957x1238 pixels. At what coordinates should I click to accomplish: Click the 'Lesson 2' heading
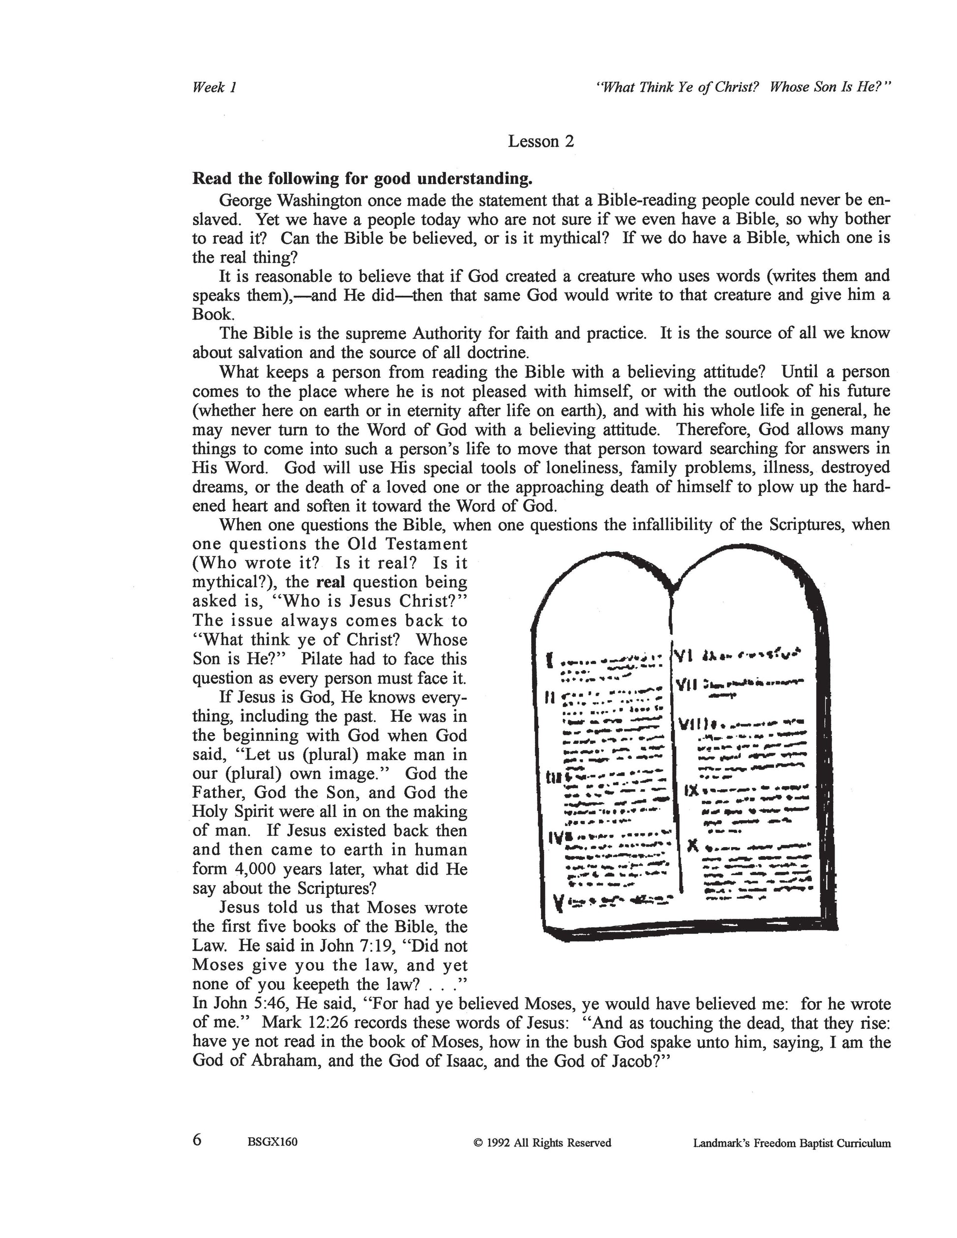(540, 141)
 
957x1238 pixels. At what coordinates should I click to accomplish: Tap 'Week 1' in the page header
(214, 88)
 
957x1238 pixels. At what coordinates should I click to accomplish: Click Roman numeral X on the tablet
(691, 846)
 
